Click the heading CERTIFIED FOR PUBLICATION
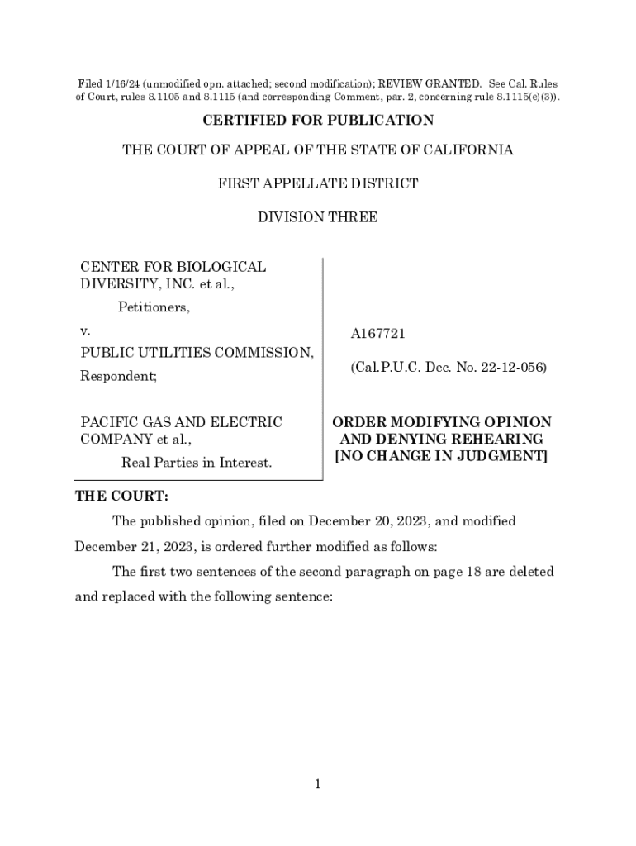(318, 121)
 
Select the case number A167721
(377, 334)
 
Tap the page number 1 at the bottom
(317, 784)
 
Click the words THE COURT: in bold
(121, 497)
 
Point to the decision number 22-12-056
(511, 367)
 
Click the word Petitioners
(153, 308)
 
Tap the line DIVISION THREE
(318, 217)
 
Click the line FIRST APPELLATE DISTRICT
(318, 183)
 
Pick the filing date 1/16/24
(122, 83)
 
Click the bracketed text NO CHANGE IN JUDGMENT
(440, 456)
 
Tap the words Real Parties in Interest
(197, 463)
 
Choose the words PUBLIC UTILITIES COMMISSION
(197, 353)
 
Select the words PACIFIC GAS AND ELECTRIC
(181, 422)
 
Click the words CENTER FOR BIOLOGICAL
(173, 267)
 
